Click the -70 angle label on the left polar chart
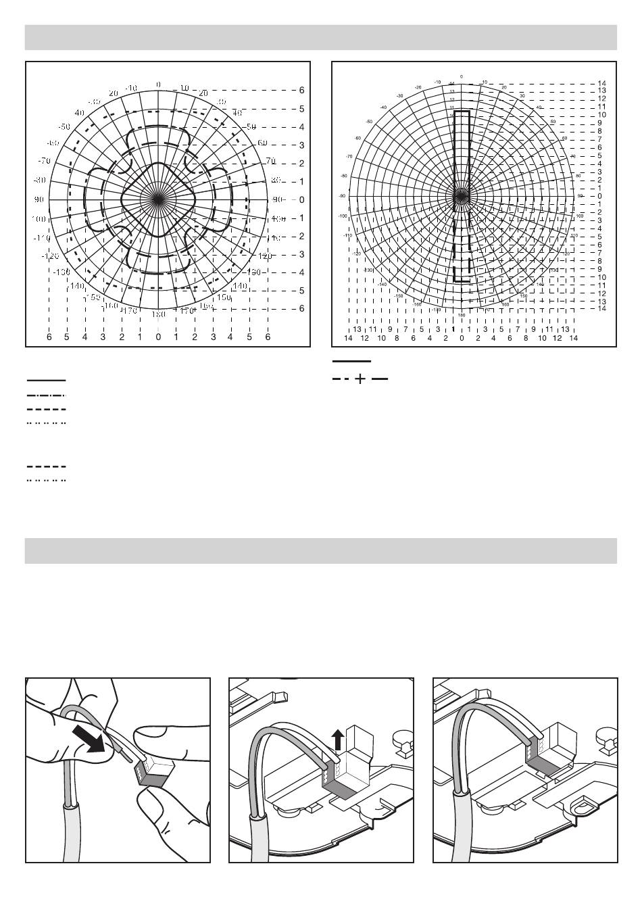click(x=45, y=161)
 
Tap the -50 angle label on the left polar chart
click(x=64, y=126)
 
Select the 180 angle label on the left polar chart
click(x=158, y=314)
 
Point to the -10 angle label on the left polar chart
click(x=131, y=88)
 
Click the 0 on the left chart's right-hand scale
click(x=301, y=199)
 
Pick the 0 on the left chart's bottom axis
click(x=158, y=337)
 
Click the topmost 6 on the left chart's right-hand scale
click(x=301, y=90)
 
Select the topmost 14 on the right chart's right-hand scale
click(x=602, y=83)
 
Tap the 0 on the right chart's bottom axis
click(x=462, y=338)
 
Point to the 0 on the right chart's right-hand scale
click(x=600, y=196)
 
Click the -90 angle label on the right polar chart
click(x=343, y=196)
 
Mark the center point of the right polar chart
click(x=462, y=196)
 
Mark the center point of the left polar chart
click(x=158, y=199)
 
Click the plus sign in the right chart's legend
click(x=360, y=379)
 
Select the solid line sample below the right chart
click(x=351, y=362)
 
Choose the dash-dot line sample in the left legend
click(x=46, y=395)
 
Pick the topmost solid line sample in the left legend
click(x=46, y=381)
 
